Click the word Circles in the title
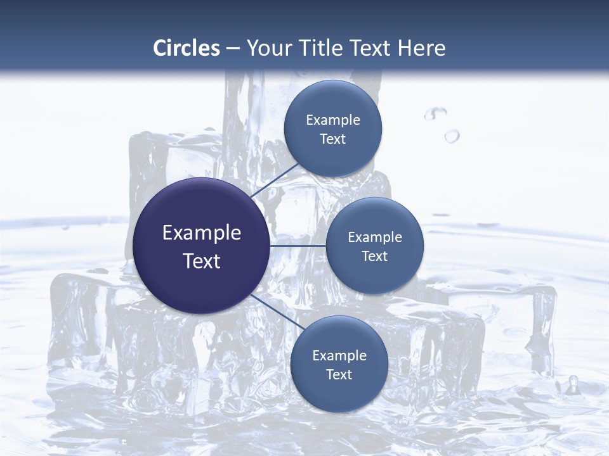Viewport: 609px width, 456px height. [x=187, y=47]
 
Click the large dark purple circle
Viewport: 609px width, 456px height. [x=201, y=246]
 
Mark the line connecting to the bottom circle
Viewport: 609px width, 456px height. [x=274, y=310]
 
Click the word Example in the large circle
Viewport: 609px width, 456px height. [x=202, y=233]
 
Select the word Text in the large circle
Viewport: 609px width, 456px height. [x=202, y=261]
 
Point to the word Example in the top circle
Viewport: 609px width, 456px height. [x=333, y=120]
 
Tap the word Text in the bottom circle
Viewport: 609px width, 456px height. [x=339, y=375]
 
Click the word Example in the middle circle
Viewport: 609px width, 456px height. [x=375, y=237]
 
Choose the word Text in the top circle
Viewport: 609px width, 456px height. [x=333, y=139]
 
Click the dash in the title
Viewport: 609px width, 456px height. [x=233, y=48]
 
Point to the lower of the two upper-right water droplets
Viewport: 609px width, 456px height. [x=452, y=136]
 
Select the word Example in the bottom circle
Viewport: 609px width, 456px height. [x=339, y=356]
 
